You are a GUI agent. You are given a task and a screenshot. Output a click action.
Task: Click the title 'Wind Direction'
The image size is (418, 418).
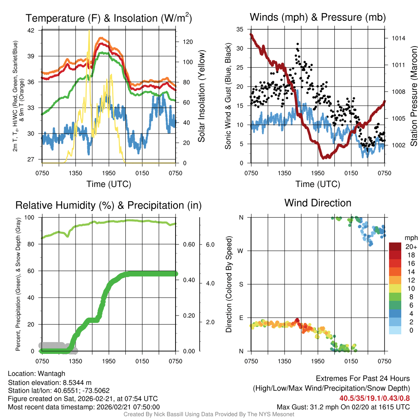(318, 203)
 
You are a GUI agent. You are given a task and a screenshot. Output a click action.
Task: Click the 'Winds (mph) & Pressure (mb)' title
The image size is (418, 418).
(318, 18)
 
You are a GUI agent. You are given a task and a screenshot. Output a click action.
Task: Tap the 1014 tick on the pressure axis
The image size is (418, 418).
(398, 38)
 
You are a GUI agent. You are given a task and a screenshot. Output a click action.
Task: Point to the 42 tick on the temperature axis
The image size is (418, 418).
(34, 30)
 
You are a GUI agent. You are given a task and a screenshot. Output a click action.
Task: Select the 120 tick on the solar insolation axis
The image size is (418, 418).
(187, 42)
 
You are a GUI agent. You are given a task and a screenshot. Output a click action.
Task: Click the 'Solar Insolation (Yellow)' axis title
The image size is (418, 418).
(202, 96)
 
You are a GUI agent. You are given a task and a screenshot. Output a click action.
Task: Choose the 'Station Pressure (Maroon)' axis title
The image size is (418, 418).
(413, 96)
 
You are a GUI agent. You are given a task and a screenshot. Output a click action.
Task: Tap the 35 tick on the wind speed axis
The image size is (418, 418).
(240, 29)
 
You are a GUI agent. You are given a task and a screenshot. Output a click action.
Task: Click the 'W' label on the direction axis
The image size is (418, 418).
(240, 251)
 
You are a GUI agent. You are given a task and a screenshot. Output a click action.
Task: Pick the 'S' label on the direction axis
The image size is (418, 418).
(241, 284)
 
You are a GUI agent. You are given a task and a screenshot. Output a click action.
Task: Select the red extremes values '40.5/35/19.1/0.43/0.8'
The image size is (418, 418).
(374, 398)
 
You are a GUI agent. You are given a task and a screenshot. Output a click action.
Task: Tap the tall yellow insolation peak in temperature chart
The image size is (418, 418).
(89, 32)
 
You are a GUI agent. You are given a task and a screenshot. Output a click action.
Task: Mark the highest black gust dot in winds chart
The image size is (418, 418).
(298, 44)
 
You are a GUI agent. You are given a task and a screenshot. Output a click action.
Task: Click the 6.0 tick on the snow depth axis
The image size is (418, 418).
(211, 244)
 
